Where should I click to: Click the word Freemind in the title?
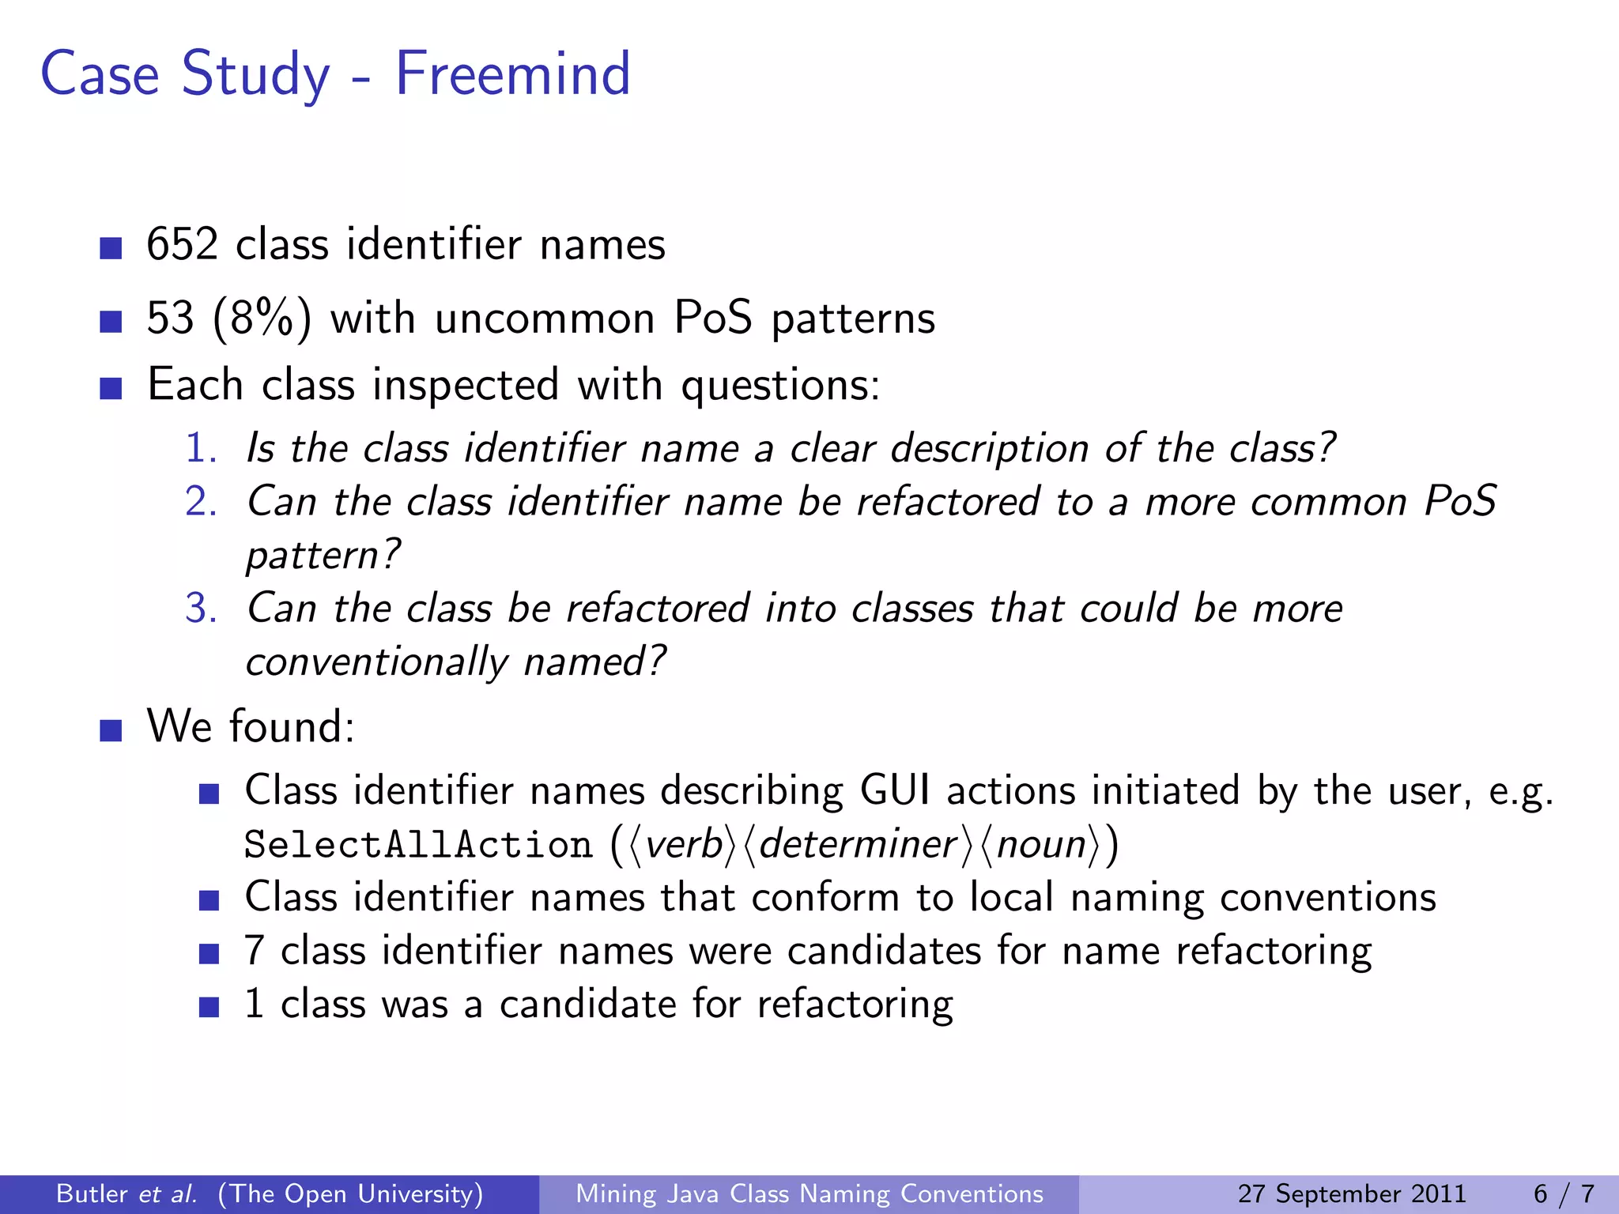coord(512,74)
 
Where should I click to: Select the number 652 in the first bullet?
coord(182,244)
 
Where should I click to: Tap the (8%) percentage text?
coord(262,319)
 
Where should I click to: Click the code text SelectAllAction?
coord(418,844)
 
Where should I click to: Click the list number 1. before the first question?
coord(201,448)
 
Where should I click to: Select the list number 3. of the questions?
coord(201,609)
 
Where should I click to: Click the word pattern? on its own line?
coord(323,554)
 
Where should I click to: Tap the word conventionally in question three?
coord(376,662)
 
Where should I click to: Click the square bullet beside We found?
coord(111,730)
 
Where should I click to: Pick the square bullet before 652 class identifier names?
coord(111,248)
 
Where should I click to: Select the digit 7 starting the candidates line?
coord(254,950)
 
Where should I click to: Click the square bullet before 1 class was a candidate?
coord(209,1008)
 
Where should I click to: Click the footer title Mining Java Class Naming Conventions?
coord(809,1193)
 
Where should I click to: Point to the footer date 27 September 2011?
coord(1352,1193)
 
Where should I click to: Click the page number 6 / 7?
coord(1564,1193)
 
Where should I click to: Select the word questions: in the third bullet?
coord(780,386)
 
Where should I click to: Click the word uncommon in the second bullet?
coord(545,319)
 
